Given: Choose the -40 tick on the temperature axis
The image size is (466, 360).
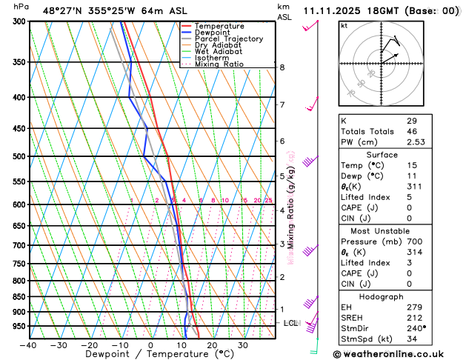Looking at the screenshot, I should point(28,345).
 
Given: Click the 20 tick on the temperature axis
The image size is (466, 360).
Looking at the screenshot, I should point(212,345).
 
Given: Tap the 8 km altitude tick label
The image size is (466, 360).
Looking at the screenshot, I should point(282,67).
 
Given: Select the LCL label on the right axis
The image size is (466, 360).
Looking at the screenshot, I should point(291,324).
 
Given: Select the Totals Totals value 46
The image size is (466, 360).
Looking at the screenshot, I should point(411,130).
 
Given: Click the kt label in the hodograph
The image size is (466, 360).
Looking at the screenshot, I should point(344,25).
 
